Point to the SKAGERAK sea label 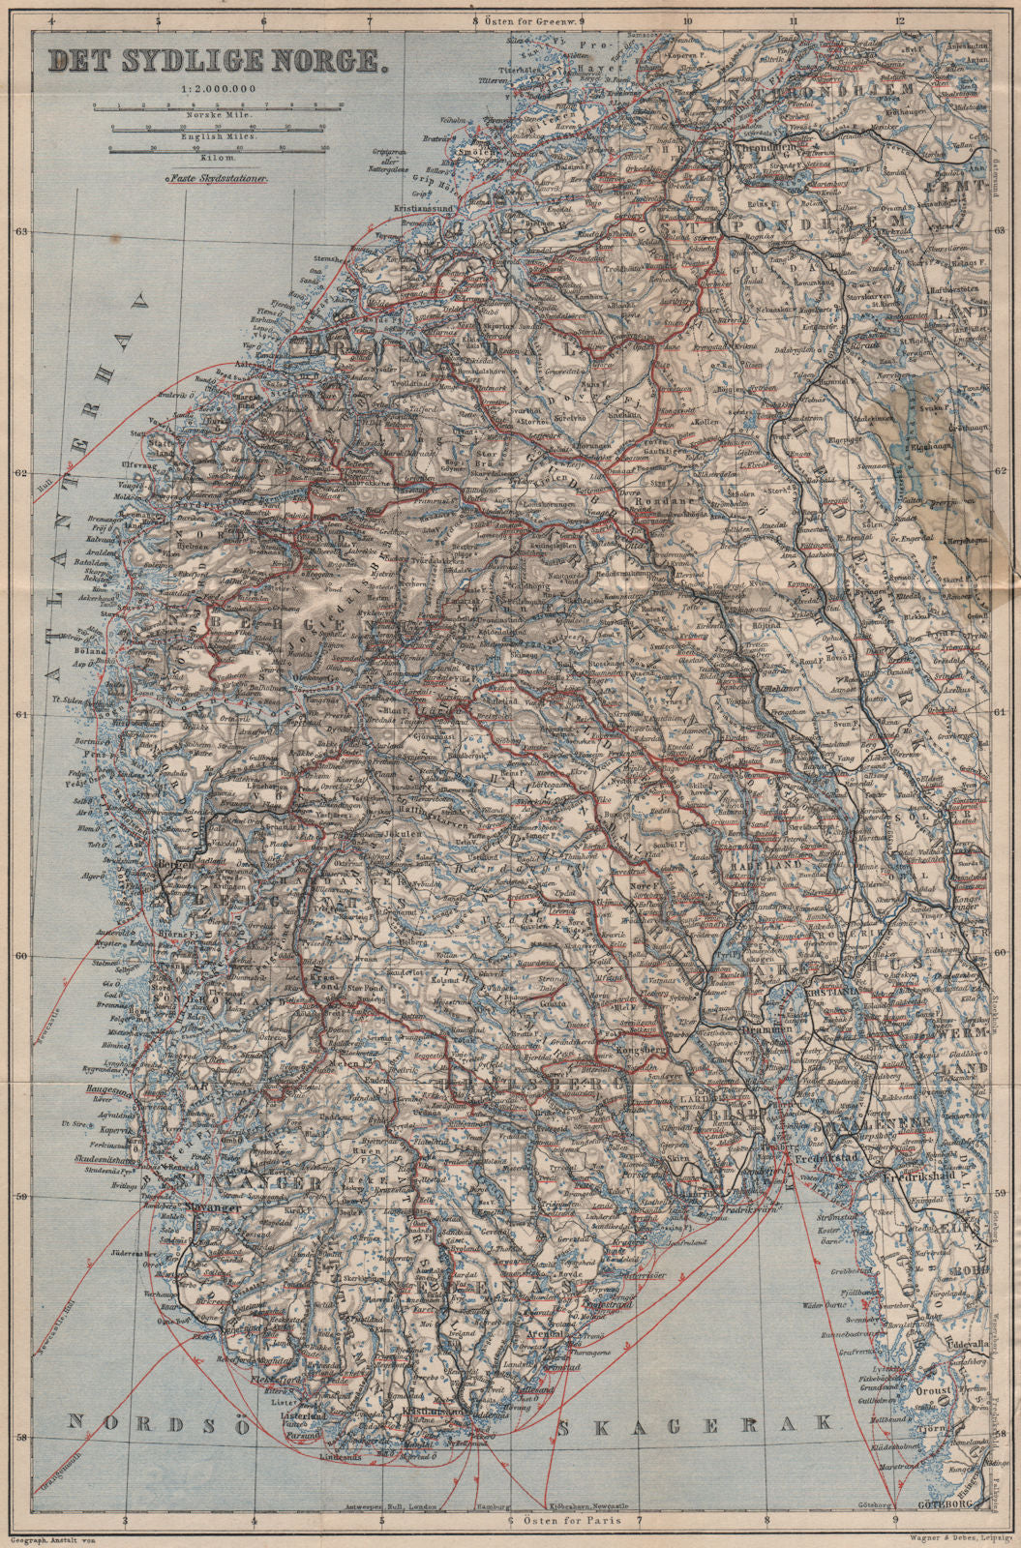point(692,1422)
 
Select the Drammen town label point(764,1031)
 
